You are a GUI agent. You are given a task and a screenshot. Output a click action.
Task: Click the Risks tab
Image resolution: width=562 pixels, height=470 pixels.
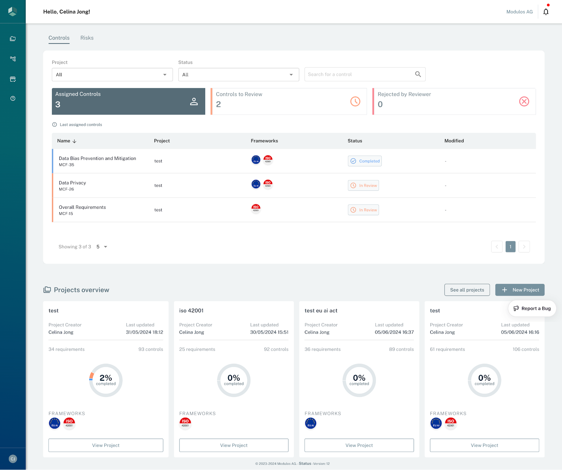(87, 38)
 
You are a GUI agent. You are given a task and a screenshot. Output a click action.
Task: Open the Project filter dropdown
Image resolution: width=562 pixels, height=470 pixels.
(112, 74)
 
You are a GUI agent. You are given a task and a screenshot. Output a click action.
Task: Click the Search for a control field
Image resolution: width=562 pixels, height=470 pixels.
(360, 74)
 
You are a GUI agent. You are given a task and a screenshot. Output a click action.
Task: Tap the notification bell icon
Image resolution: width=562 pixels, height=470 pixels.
(546, 12)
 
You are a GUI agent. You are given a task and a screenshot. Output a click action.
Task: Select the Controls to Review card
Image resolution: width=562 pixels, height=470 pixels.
(288, 102)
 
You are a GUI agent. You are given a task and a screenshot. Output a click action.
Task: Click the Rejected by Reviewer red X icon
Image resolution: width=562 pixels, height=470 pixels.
(524, 102)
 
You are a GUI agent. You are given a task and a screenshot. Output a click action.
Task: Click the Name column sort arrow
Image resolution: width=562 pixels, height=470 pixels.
(74, 141)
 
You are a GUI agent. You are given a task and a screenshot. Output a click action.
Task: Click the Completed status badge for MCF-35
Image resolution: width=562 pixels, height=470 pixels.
(365, 161)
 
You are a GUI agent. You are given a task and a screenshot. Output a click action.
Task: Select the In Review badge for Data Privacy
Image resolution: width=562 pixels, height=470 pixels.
(363, 185)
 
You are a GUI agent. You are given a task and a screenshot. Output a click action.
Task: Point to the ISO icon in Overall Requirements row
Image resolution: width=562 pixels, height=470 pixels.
(256, 208)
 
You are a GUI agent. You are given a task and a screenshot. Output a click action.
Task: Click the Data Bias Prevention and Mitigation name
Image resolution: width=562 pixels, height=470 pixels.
(97, 158)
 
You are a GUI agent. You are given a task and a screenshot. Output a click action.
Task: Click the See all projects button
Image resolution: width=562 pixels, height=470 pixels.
(467, 290)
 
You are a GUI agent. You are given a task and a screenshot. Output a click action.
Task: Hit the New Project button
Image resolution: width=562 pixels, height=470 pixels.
(520, 290)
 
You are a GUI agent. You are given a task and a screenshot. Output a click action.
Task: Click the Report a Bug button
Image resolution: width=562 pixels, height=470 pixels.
(532, 308)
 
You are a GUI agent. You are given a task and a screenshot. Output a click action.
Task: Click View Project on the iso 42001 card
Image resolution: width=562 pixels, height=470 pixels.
(234, 445)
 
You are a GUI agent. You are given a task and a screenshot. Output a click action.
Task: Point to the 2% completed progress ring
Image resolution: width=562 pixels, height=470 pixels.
(106, 380)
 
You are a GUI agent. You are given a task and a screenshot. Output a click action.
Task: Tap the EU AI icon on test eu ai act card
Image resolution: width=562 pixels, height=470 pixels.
(311, 423)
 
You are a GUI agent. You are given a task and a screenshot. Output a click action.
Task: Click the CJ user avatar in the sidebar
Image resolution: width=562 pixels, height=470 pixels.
(13, 459)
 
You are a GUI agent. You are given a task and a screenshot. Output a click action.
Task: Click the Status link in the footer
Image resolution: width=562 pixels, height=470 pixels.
(305, 464)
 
